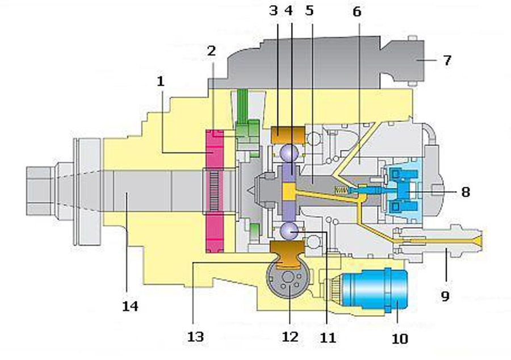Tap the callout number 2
(x=211, y=51)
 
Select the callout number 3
(x=274, y=11)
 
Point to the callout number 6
(x=357, y=11)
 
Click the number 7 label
(x=447, y=60)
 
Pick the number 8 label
(x=466, y=192)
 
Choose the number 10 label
(x=400, y=339)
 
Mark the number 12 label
(x=290, y=337)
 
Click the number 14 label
(x=130, y=307)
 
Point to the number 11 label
(x=328, y=337)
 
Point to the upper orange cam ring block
(x=288, y=135)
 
